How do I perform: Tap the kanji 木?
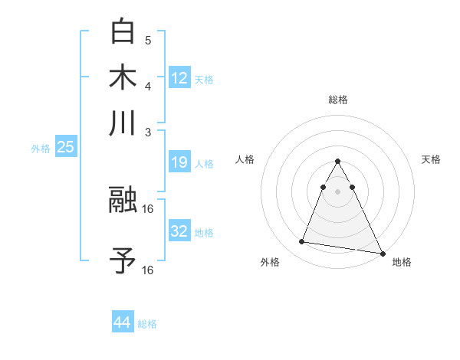(123, 77)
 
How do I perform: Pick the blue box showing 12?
(179, 77)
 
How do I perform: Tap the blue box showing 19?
(179, 162)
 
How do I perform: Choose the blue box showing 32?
(179, 231)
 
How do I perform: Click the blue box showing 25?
(65, 148)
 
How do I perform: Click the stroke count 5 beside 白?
(147, 41)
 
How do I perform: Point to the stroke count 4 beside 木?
(147, 85)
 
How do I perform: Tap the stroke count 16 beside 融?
(149, 208)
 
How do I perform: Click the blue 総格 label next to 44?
(148, 324)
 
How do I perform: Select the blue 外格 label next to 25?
(41, 149)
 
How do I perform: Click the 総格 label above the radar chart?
(337, 100)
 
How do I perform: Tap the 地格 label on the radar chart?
(402, 263)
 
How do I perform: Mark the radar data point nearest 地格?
(382, 253)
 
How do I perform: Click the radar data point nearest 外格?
(302, 242)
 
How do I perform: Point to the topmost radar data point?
(337, 162)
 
